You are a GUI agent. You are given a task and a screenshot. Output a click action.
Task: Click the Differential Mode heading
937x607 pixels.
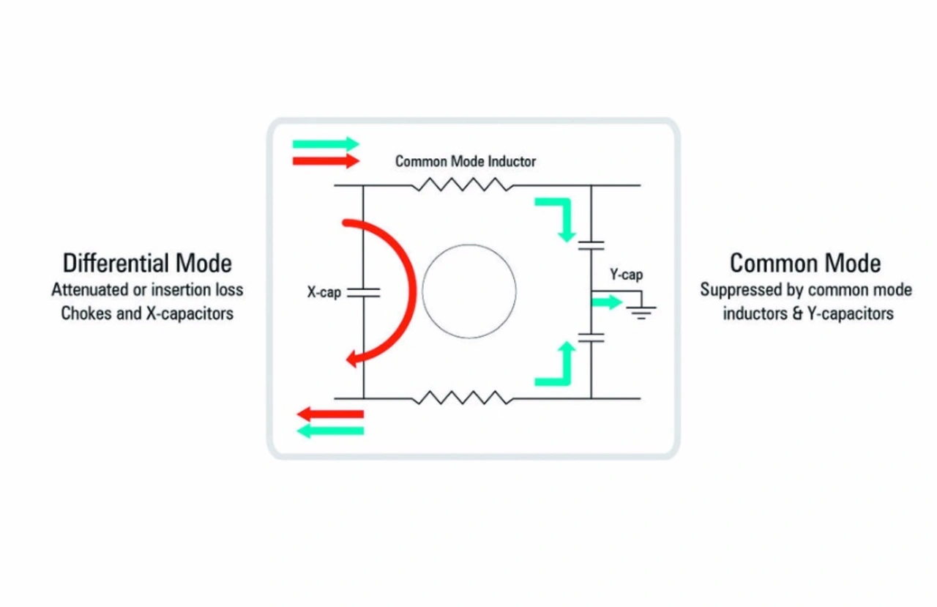click(x=147, y=263)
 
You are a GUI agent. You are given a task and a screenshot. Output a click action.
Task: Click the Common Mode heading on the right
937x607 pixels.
click(x=805, y=263)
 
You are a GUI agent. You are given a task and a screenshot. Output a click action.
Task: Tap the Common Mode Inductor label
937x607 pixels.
click(x=466, y=161)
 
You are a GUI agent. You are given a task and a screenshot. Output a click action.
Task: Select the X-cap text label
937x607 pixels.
click(x=324, y=294)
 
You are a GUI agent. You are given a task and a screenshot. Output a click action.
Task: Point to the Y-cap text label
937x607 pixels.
click(x=627, y=275)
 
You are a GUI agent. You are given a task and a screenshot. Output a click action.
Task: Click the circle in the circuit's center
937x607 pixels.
click(x=468, y=292)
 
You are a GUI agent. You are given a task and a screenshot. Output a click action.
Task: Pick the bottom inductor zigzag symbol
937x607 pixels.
click(x=462, y=398)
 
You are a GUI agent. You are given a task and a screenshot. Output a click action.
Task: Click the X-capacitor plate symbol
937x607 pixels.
click(x=364, y=293)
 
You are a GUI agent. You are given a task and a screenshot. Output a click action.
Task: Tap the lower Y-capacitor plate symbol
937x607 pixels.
click(x=591, y=338)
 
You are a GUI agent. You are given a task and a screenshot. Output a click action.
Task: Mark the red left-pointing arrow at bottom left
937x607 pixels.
click(x=330, y=414)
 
